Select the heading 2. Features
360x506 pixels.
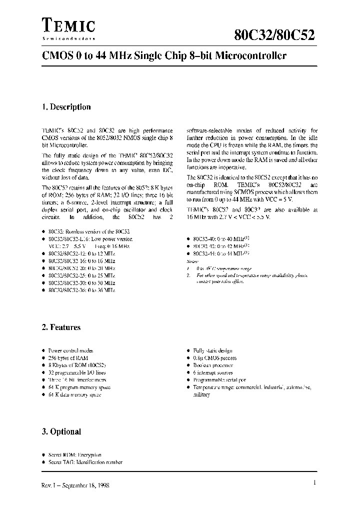pyautogui.click(x=60, y=327)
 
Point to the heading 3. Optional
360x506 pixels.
pyautogui.click(x=60, y=431)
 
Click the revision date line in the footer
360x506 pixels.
pyautogui.click(x=75, y=485)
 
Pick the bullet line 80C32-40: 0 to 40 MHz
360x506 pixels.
pyautogui.click(x=220, y=239)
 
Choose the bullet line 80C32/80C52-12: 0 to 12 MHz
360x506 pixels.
pyautogui.click(x=82, y=253)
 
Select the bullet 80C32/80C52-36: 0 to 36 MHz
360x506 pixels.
pyautogui.click(x=82, y=290)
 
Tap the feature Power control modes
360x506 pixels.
pyautogui.click(x=70, y=351)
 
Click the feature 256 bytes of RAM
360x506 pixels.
pyautogui.click(x=67, y=358)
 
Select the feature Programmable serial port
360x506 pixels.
pyautogui.click(x=219, y=380)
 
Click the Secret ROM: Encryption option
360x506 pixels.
pyautogui.click(x=74, y=455)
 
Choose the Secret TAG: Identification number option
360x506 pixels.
pyautogui.click(x=85, y=462)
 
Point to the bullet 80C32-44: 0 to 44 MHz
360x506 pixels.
pyautogui.click(x=220, y=253)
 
